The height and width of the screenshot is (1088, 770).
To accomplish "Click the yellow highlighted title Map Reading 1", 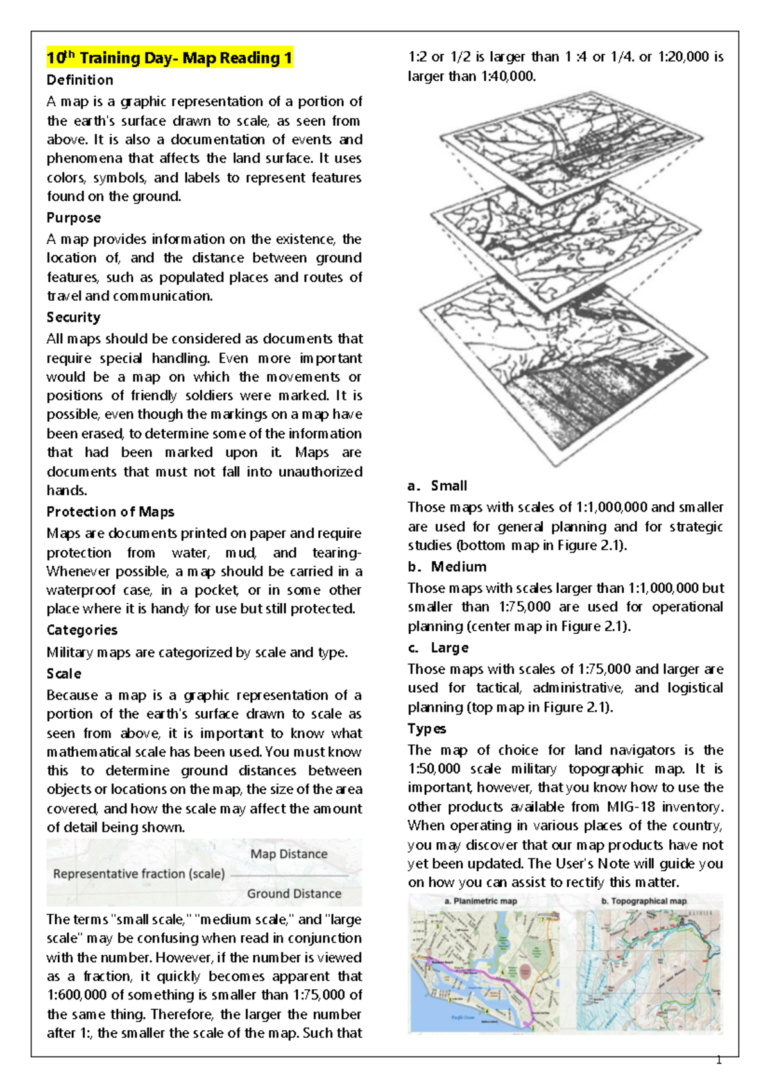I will pos(169,58).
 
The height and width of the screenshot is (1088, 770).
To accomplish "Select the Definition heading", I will pos(80,80).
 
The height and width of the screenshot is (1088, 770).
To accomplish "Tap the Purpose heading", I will pos(73,217).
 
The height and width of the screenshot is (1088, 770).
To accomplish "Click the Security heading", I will pos(73,317).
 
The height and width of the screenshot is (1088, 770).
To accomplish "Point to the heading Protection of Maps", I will pos(110,512).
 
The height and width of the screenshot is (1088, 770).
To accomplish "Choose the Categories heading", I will pos(81,630).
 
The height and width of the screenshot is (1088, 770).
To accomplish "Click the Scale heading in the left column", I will pos(64,674).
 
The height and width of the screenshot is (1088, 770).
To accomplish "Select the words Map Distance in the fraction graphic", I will pos(289,854).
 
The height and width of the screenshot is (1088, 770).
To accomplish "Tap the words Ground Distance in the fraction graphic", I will pos(294,894).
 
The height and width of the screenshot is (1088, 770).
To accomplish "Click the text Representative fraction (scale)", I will pos(139,874).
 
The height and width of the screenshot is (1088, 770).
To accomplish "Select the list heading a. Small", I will pos(438,486).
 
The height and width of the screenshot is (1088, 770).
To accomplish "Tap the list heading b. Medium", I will pos(447,566).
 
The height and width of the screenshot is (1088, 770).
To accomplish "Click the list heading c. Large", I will pos(438,647).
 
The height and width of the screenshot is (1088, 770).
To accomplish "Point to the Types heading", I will pos(427,729).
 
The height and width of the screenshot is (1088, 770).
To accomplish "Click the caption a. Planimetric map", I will pos(481,901).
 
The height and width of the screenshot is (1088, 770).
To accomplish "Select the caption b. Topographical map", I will pos(644,901).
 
